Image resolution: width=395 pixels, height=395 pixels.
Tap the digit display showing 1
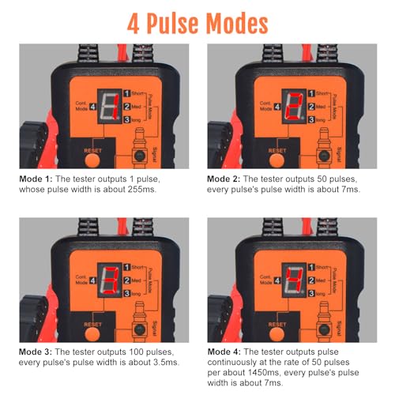(x=110, y=107)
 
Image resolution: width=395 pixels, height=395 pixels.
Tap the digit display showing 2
(x=294, y=107)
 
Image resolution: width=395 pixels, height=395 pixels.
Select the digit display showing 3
(x=110, y=280)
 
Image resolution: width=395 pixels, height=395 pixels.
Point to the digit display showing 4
(x=294, y=280)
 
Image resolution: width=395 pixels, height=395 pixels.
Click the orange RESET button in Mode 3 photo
(x=92, y=334)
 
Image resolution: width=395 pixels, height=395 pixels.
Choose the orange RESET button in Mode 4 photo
(x=276, y=334)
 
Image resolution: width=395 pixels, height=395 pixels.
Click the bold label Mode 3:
(x=36, y=352)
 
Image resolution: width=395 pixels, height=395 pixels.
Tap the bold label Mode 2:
(x=224, y=179)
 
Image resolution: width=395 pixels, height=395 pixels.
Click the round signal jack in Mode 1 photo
(x=140, y=156)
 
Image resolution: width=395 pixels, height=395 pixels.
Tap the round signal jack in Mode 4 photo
(x=324, y=329)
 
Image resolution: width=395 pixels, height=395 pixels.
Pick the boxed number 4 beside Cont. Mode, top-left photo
(x=92, y=107)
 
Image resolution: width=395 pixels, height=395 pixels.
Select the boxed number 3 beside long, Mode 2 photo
(x=312, y=120)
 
